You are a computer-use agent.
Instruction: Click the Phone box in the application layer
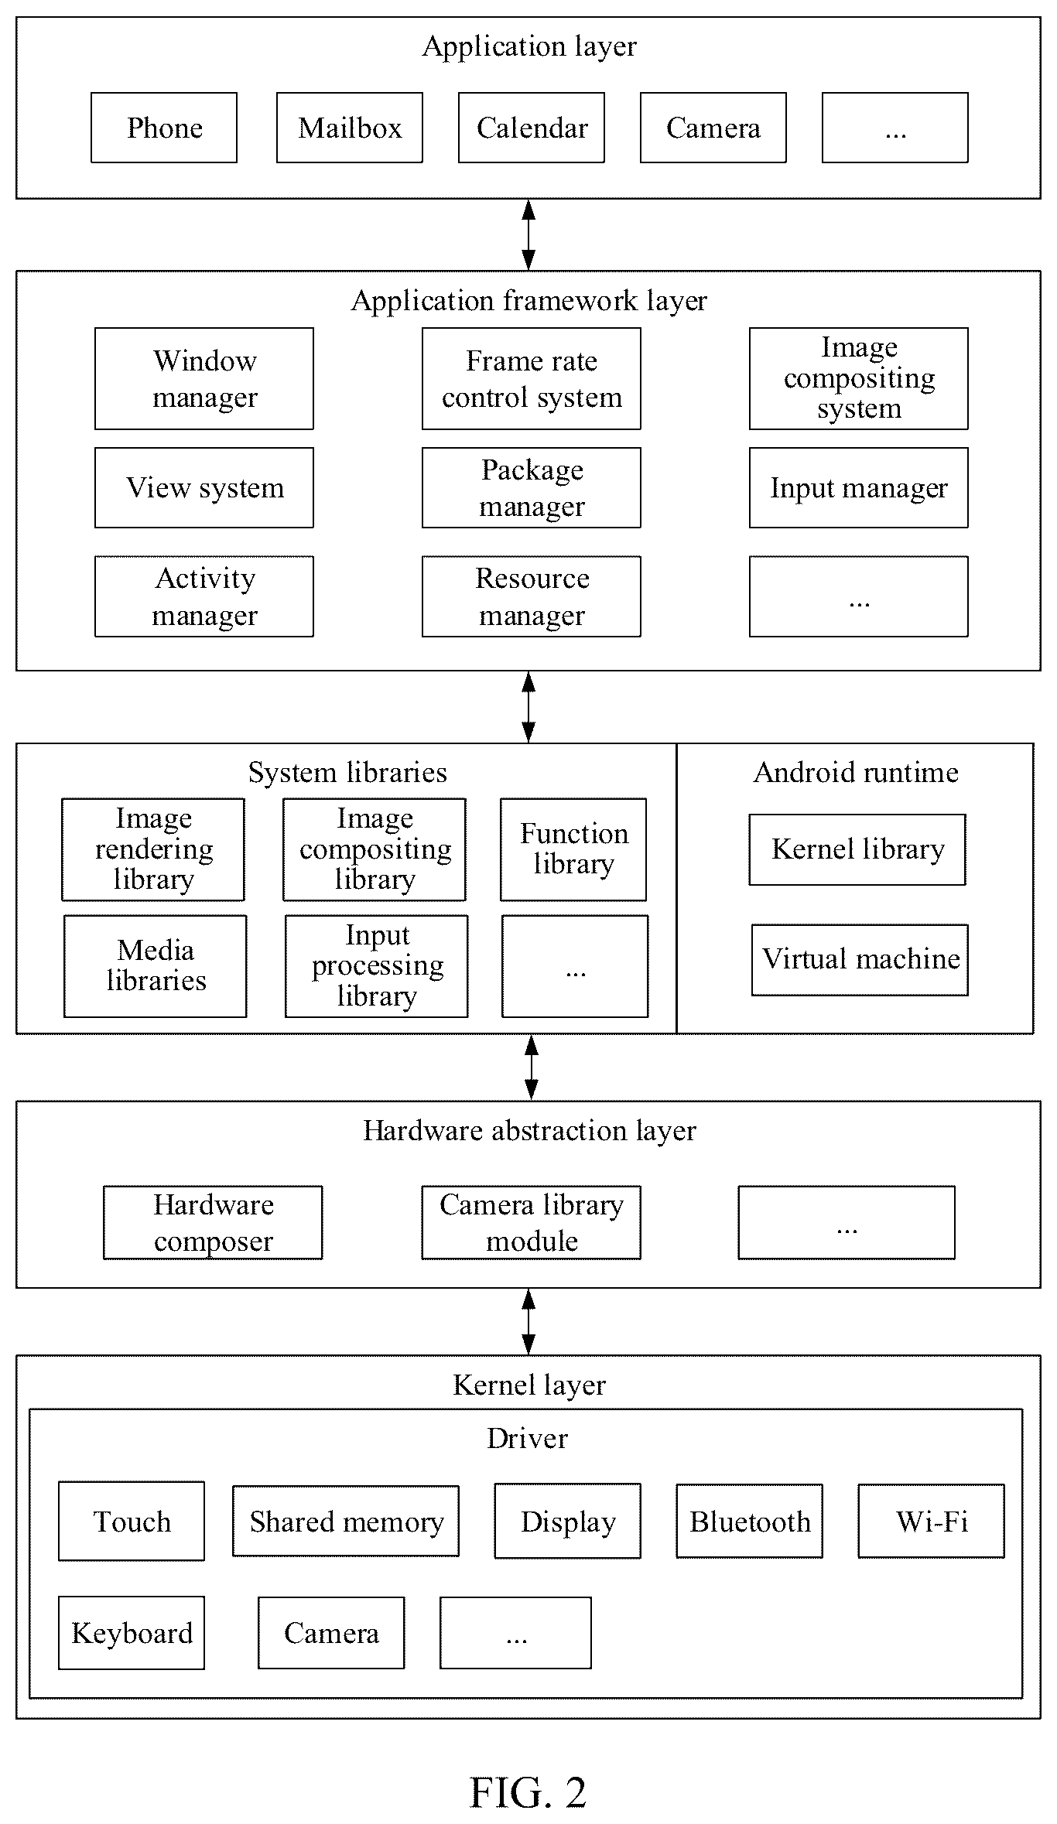pyautogui.click(x=164, y=128)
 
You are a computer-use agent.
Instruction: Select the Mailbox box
pyautogui.click(x=350, y=128)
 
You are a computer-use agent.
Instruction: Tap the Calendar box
pyautogui.click(x=532, y=128)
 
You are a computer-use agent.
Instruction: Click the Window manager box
pyautogui.click(x=204, y=378)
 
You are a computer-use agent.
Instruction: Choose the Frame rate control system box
pyautogui.click(x=532, y=378)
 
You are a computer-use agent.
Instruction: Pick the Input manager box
pyautogui.click(x=859, y=487)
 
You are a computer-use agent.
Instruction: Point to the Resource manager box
pyautogui.click(x=532, y=596)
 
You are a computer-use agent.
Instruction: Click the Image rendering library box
pyautogui.click(x=153, y=849)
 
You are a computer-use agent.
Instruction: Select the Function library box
pyautogui.click(x=573, y=849)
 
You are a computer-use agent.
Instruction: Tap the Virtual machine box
pyautogui.click(x=860, y=960)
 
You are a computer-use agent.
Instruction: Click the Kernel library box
pyautogui.click(x=857, y=849)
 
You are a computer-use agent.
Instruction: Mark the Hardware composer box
pyautogui.click(x=213, y=1222)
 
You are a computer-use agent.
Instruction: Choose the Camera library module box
pyautogui.click(x=532, y=1222)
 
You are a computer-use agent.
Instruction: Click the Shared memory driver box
pyautogui.click(x=346, y=1521)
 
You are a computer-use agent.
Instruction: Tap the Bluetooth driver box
pyautogui.click(x=750, y=1521)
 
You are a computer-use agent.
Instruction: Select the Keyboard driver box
pyautogui.click(x=132, y=1632)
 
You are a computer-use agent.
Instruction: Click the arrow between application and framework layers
pyautogui.click(x=528, y=235)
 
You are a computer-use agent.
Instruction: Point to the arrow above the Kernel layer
pyautogui.click(x=528, y=1321)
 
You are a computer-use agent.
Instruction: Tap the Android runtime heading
pyautogui.click(x=856, y=772)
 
